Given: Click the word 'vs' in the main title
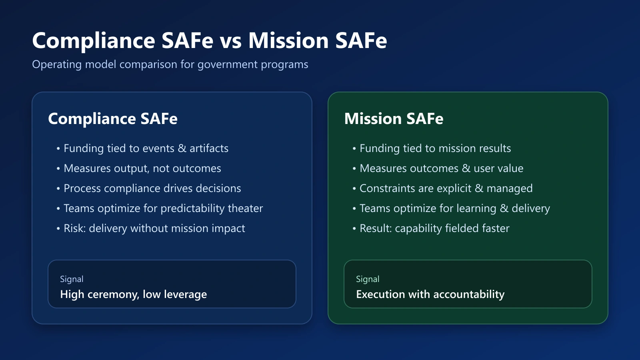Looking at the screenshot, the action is click(x=230, y=41).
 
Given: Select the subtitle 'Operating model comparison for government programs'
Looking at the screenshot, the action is click(x=170, y=64).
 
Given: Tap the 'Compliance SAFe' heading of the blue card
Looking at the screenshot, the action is click(x=113, y=119).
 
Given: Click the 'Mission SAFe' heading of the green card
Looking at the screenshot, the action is click(x=394, y=118).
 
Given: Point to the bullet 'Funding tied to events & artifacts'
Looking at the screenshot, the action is click(x=146, y=148).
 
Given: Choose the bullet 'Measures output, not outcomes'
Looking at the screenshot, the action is click(x=142, y=168).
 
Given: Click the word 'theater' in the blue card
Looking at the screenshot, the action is click(x=245, y=208).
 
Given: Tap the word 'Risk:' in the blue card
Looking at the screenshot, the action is click(x=75, y=228).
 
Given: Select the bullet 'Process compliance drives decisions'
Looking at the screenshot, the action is click(x=152, y=188).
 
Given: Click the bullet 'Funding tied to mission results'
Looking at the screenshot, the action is click(x=435, y=148).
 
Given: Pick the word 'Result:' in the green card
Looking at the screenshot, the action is click(x=376, y=228).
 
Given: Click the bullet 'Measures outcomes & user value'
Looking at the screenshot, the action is click(x=442, y=168).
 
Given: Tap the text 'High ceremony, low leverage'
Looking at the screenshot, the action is click(x=134, y=294).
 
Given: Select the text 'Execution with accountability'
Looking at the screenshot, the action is click(x=430, y=294).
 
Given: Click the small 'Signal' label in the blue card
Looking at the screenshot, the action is click(x=72, y=279).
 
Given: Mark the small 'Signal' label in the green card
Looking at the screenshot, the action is click(x=368, y=279).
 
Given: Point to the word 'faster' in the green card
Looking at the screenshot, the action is click(x=496, y=228).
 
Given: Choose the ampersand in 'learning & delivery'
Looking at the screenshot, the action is click(x=504, y=208).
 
